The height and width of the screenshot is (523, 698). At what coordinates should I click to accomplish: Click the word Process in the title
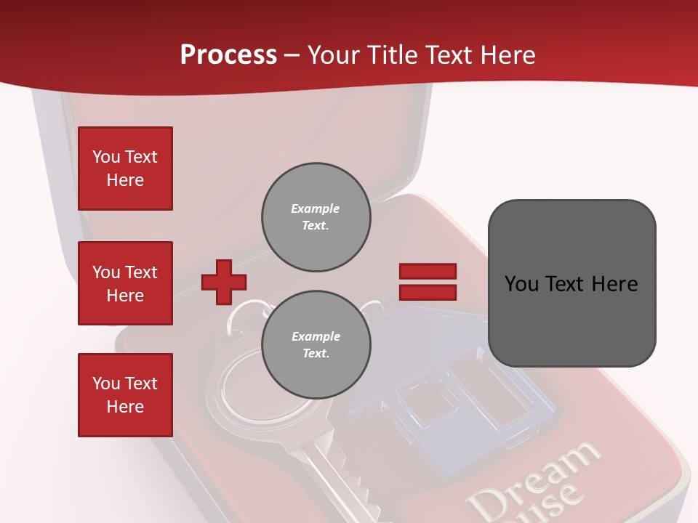tap(228, 54)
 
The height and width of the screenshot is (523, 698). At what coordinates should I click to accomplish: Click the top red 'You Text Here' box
tap(125, 169)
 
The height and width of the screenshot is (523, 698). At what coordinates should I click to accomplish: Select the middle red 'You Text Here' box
tap(125, 283)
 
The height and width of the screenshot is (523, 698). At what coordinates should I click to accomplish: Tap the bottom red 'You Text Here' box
tap(125, 395)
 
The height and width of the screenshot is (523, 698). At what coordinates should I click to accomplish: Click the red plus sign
tap(224, 282)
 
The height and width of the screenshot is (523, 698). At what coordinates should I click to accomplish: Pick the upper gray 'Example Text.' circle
tap(316, 217)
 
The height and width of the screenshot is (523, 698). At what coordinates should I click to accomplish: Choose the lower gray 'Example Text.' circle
tap(316, 345)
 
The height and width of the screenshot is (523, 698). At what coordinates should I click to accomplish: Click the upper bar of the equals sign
tap(428, 271)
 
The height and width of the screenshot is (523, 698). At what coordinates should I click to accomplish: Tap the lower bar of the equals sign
tap(428, 293)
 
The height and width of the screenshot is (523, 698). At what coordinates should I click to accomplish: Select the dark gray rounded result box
tap(571, 283)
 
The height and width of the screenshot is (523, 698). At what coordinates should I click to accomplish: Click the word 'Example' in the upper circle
tap(315, 208)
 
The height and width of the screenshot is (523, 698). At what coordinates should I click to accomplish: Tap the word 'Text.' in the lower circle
tap(316, 354)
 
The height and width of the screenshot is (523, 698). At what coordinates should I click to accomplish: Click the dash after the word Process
tap(292, 55)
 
